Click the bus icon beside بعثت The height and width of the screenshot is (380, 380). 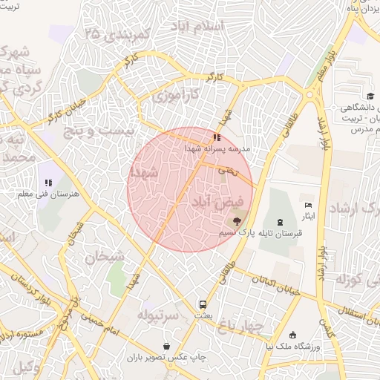click(x=203, y=304)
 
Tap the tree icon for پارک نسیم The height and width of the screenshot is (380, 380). click(x=237, y=220)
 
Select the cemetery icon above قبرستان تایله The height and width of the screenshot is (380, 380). click(x=279, y=222)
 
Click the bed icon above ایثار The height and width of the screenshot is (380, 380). click(x=309, y=205)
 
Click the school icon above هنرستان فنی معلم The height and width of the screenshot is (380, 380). click(x=48, y=182)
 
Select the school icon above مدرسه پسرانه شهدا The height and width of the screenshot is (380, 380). click(x=217, y=137)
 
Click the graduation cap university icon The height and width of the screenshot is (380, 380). click(x=370, y=96)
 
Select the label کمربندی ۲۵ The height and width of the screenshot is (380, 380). click(x=118, y=34)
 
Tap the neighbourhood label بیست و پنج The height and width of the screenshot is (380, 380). click(x=100, y=131)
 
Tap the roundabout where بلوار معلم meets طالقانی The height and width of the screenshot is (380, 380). click(x=309, y=94)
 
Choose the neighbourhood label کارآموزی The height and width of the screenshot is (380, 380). click(x=176, y=96)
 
